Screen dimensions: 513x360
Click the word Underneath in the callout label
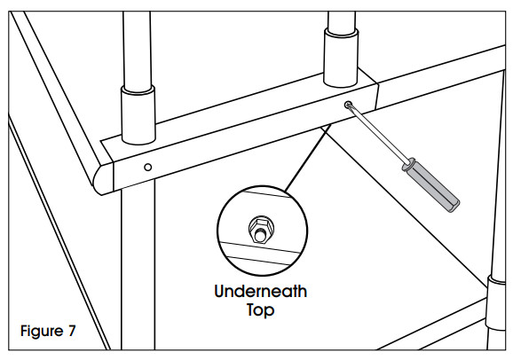click(260, 291)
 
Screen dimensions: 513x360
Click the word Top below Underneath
click(260, 309)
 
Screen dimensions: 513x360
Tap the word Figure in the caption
click(42, 332)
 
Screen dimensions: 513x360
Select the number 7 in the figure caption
click(72, 331)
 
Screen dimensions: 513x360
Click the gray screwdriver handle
click(431, 185)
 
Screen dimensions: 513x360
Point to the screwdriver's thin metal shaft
click(377, 133)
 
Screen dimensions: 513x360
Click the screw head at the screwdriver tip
click(347, 105)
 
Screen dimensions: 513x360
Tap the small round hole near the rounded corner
click(148, 167)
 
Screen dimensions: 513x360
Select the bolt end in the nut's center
click(260, 235)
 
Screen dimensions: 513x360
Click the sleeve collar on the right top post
click(341, 58)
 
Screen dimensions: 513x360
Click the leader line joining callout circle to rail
click(308, 158)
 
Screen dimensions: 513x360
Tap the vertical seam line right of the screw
click(377, 98)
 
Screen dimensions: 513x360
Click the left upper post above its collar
click(137, 49)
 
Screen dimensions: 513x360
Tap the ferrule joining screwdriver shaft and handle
click(408, 164)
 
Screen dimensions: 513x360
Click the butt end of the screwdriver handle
click(454, 207)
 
